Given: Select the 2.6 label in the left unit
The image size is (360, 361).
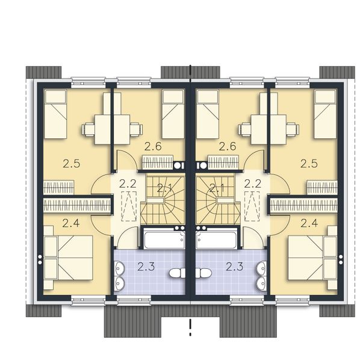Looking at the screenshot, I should pyautogui.click(x=153, y=145).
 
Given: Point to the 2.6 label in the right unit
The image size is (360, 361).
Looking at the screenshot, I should pyautogui.click(x=227, y=145).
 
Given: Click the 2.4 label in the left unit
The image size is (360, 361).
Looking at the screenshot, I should pyautogui.click(x=70, y=224).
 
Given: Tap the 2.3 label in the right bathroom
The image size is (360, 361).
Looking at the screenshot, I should pyautogui.click(x=234, y=265).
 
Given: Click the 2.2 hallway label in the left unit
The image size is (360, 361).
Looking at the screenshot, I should pyautogui.click(x=127, y=184).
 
